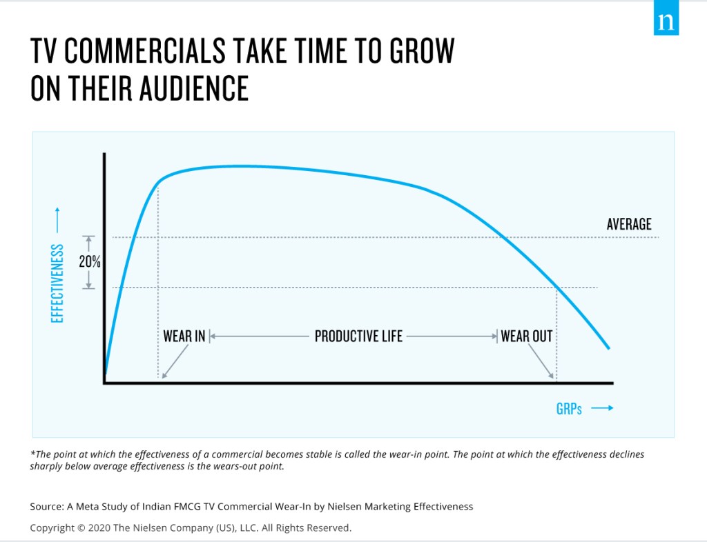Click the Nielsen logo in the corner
pos(666,21)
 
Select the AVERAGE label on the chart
pos(629,224)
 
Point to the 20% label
pos(88,263)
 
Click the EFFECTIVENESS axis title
pos(57,283)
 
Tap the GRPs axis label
pos(569,409)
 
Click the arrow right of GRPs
pos(602,408)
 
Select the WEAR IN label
pos(184,337)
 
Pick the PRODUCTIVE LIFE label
pos(358,337)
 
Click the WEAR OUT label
pos(527,337)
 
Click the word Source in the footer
pos(46,506)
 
